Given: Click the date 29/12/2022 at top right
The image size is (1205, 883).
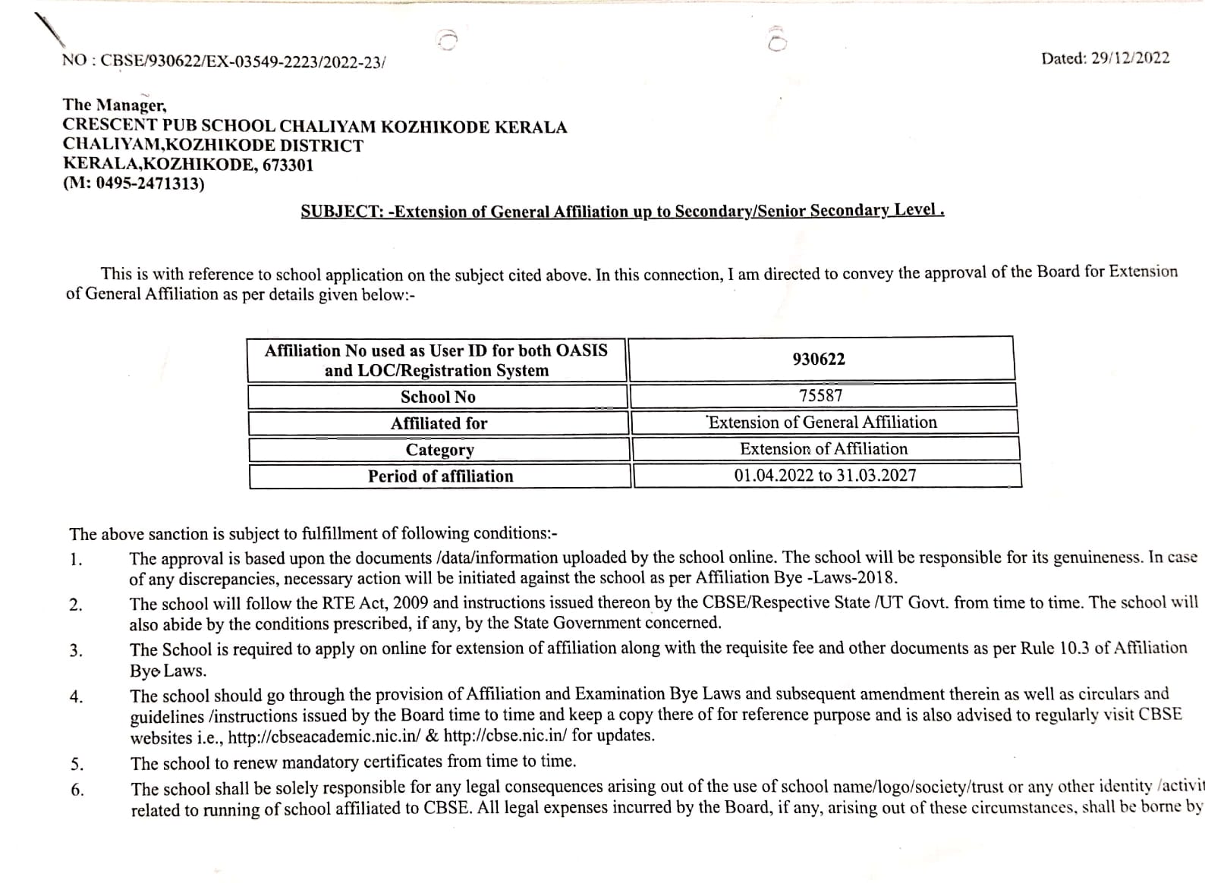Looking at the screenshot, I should pos(1130,58).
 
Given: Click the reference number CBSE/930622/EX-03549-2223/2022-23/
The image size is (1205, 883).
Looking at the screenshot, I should pos(243,61).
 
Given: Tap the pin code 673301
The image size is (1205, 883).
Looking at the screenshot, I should pos(288,165).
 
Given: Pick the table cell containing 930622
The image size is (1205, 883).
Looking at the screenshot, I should pos(819,359).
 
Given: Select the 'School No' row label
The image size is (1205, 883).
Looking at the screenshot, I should pos(438,397).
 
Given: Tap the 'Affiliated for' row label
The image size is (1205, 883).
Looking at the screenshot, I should pos(439,423).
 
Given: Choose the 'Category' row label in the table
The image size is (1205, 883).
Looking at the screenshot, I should pos(439,450).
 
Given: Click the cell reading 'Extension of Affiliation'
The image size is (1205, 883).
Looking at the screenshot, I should pos(823,449).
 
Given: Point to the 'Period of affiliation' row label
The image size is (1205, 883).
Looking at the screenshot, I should pos(440,476).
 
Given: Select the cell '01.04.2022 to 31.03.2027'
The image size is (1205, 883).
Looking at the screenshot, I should pos(825,476).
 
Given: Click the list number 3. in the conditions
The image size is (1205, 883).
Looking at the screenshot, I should pos(76,651).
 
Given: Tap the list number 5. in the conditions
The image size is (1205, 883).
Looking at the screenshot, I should pos(77,764).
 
